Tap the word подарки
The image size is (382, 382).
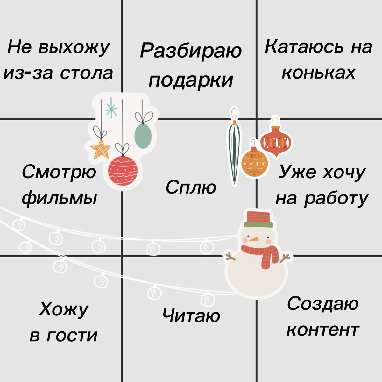pos(191,81)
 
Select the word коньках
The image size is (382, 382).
pos(318,73)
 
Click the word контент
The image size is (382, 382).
pos(323,330)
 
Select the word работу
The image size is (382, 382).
pos(336,199)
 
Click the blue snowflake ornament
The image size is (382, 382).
pos(111,108)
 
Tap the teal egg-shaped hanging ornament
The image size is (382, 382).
pos(143,136)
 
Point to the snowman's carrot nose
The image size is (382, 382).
pos(254,239)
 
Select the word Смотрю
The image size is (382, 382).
pos(59,173)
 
